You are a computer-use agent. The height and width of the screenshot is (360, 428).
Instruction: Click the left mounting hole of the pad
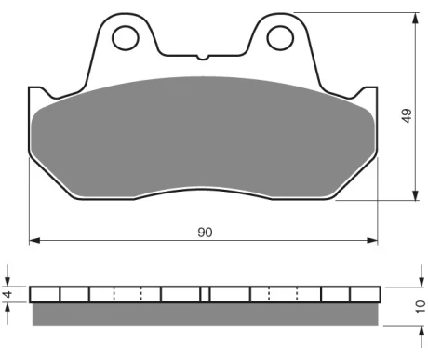click(x=126, y=38)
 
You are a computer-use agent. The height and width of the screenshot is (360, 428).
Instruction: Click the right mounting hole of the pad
click(x=280, y=38)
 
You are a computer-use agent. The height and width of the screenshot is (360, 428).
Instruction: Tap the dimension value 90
click(x=205, y=233)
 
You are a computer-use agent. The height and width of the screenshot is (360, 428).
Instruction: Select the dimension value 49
click(x=407, y=115)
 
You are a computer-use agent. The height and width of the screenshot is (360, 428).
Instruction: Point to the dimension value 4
click(x=8, y=294)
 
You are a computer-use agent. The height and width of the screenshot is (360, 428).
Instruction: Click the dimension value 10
click(x=421, y=306)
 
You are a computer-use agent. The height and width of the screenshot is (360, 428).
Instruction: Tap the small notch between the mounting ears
click(x=203, y=58)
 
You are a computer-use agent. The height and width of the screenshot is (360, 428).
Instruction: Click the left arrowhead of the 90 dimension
click(x=34, y=240)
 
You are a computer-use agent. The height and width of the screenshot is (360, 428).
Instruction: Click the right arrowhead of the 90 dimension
click(x=372, y=240)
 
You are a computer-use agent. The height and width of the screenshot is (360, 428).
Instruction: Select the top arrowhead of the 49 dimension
click(x=416, y=19)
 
